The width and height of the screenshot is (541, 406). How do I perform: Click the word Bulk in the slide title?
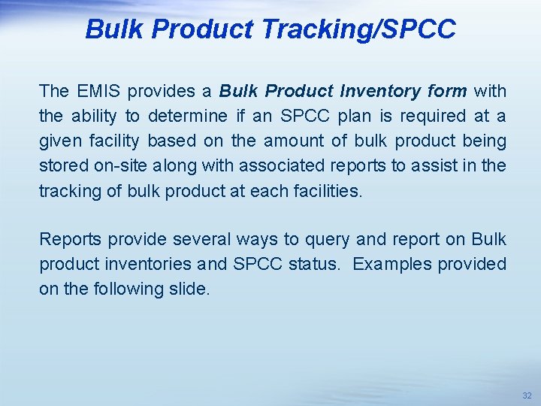[x=114, y=29]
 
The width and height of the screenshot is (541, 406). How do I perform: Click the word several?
[x=202, y=240]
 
